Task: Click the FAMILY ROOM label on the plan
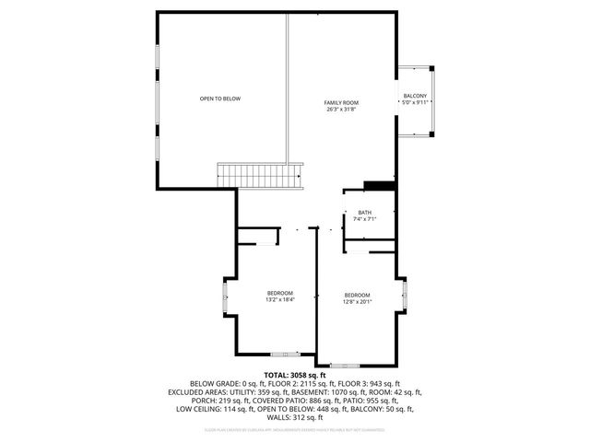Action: pyautogui.click(x=340, y=102)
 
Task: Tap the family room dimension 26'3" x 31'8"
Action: pyautogui.click(x=340, y=110)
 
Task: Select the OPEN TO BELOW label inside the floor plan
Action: pyautogui.click(x=220, y=99)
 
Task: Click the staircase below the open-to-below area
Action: pyautogui.click(x=259, y=175)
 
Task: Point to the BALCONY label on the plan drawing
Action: pyautogui.click(x=414, y=96)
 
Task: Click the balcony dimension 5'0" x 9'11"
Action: pyautogui.click(x=414, y=103)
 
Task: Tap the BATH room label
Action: pyautogui.click(x=365, y=213)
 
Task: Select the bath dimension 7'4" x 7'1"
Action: pyautogui.click(x=365, y=220)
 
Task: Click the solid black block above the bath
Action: pyautogui.click(x=379, y=186)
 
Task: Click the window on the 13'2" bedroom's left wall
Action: pyautogui.click(x=224, y=298)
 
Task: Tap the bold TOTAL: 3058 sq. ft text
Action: pyautogui.click(x=295, y=375)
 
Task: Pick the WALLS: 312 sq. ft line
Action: pyautogui.click(x=295, y=416)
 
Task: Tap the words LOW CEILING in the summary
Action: pyautogui.click(x=197, y=408)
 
